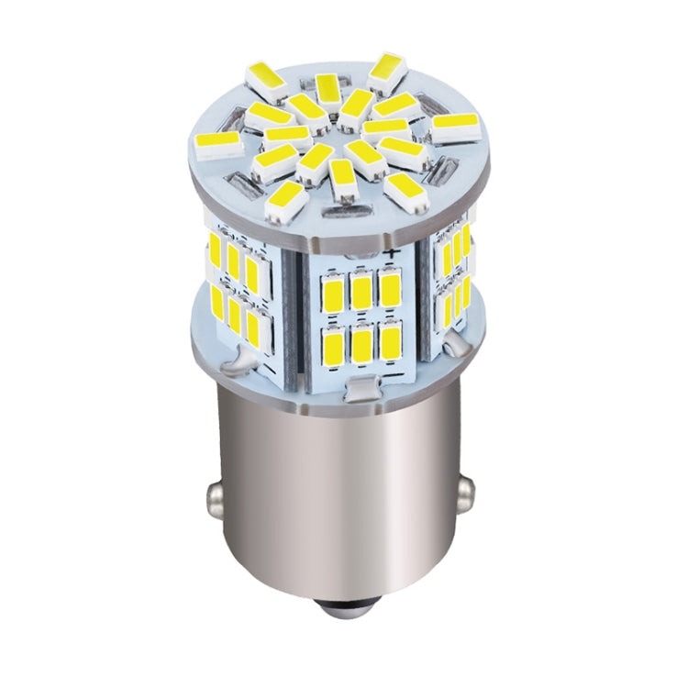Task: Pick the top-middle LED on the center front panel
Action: (362, 293)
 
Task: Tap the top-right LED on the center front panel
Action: (391, 290)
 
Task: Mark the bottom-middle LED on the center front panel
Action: (361, 345)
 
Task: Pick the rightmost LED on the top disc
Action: (455, 127)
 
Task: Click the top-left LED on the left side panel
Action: (216, 250)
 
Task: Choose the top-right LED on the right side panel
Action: (465, 240)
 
